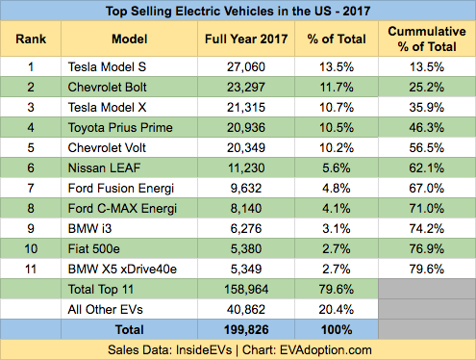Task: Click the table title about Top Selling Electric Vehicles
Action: [x=238, y=13]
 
